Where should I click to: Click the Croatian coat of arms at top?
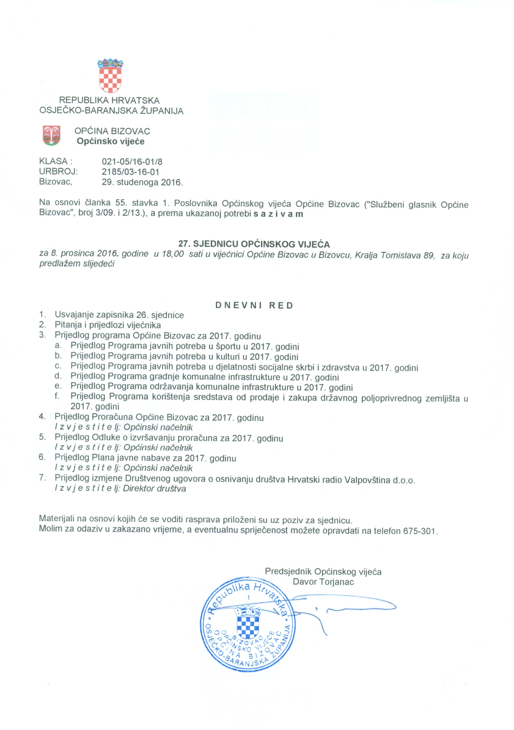pos(110,76)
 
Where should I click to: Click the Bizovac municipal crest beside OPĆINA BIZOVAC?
pos(52,136)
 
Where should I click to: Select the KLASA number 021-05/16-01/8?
pos(132,162)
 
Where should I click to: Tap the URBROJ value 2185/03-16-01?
pos(130,172)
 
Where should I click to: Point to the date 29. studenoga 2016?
pos(142,182)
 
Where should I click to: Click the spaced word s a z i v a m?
pos(278,214)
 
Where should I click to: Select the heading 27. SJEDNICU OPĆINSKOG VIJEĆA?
pos(254,244)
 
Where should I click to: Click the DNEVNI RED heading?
pos(254,306)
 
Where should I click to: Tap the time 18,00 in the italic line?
pos(173,254)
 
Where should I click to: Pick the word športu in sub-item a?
pos(231,346)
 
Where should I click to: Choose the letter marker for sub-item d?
pos(58,376)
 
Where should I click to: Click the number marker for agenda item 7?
pos(42,478)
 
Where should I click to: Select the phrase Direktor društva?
pos(155,489)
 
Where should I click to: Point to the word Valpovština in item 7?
pos(367,480)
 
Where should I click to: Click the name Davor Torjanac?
pos(323,582)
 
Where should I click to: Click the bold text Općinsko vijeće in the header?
pos(111,141)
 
